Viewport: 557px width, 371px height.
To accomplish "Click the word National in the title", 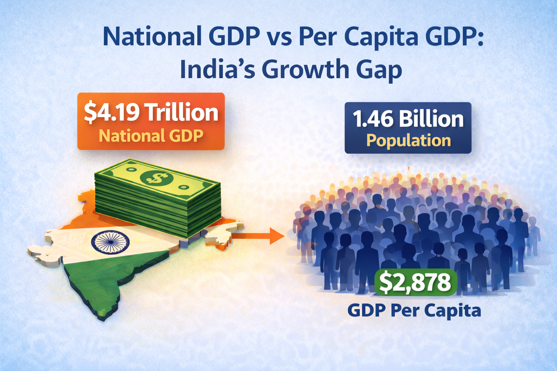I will [152, 37].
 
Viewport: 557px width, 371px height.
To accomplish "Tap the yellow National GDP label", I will [151, 136].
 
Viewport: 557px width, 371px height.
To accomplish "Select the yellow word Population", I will [408, 141].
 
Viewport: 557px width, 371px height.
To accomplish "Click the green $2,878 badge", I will [415, 282].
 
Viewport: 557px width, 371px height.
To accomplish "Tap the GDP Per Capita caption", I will [414, 310].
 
